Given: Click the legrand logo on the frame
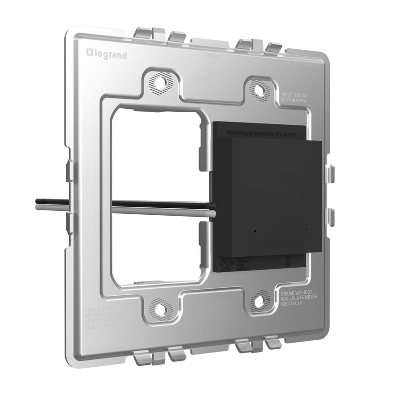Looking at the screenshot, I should pyautogui.click(x=107, y=55).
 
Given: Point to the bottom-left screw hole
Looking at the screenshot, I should pyautogui.click(x=161, y=309).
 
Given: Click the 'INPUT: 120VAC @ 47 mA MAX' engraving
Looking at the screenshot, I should pyautogui.click(x=295, y=98).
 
